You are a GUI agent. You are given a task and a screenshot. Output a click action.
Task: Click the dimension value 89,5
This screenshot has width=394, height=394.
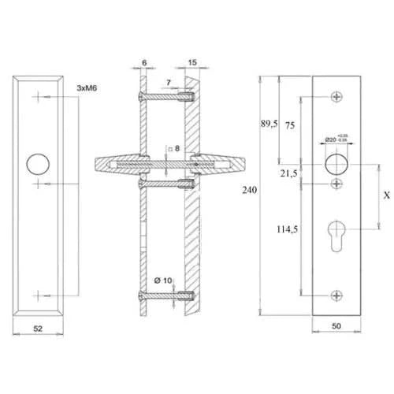click(x=269, y=124)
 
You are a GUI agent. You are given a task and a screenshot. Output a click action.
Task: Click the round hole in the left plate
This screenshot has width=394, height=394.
click(x=36, y=165)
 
